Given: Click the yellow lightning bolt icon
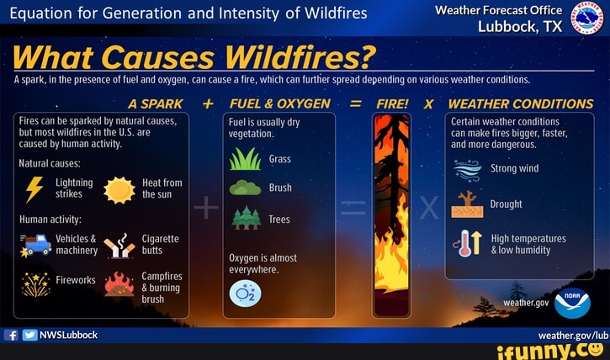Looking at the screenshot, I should click(34, 188).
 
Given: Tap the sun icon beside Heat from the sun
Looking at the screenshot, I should click(119, 190).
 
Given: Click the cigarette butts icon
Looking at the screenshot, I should click(119, 245).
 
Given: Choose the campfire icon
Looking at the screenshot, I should click(119, 286).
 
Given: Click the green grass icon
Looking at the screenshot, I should click(245, 159).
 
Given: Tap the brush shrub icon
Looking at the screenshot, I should click(245, 188).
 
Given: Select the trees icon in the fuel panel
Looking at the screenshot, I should click(246, 218).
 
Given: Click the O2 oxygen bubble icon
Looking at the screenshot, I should click(245, 293).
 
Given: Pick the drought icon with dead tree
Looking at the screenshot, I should click(467, 204).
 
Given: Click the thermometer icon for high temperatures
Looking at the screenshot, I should click(466, 243).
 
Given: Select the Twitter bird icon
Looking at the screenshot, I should click(29, 335).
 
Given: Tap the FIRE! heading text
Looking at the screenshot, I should click(392, 104).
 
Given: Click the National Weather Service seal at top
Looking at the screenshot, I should click(586, 18).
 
